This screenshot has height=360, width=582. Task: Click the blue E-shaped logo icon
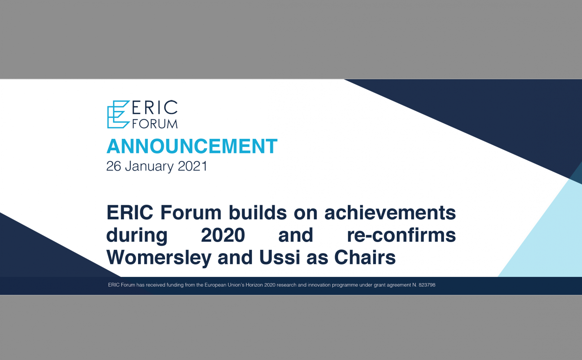[x=118, y=114]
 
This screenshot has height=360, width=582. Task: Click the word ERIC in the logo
[x=155, y=107]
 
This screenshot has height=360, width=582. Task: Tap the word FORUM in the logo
[x=155, y=124]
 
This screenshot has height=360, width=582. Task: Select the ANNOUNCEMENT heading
[x=192, y=146]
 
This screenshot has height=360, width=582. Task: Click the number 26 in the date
[x=114, y=166]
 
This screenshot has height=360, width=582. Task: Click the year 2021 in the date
[x=193, y=166]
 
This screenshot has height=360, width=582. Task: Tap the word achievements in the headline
[x=390, y=213]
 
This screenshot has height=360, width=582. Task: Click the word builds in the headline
[x=258, y=213]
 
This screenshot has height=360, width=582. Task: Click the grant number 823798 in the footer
[x=427, y=285]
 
